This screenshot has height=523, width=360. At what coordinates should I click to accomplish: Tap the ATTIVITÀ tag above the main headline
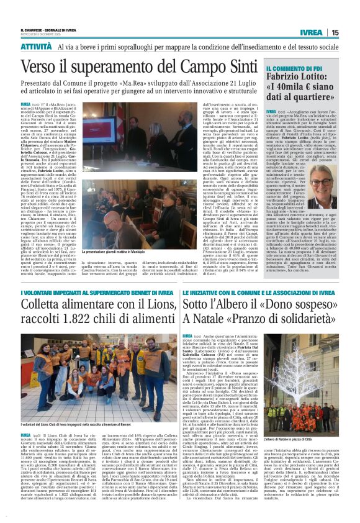click(x=36, y=47)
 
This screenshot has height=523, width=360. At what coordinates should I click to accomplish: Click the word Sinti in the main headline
click(x=226, y=65)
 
